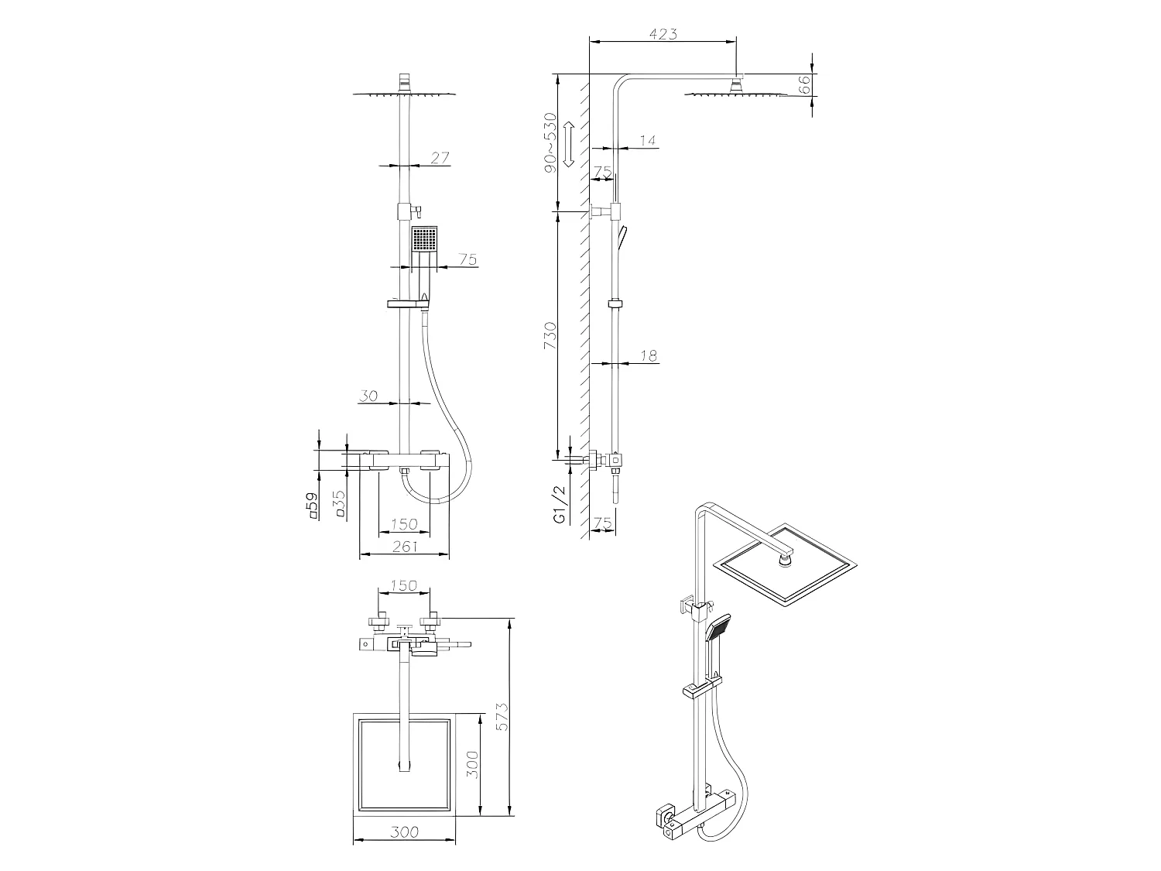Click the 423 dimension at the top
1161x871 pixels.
click(663, 34)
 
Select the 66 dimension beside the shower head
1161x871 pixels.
click(805, 84)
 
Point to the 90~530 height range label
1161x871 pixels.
click(550, 142)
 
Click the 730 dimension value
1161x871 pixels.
click(550, 335)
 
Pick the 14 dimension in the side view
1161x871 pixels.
click(648, 140)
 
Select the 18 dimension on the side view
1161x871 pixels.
click(649, 355)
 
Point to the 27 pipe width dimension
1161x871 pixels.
click(440, 158)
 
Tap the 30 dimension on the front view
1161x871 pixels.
click(368, 396)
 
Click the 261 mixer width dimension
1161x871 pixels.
click(403, 547)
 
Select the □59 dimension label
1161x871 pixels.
click(313, 504)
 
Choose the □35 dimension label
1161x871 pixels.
click(338, 504)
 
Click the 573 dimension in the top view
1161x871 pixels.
click(502, 718)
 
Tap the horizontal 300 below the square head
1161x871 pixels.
click(403, 832)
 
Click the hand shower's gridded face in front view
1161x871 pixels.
click(424, 238)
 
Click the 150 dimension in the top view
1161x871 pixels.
click(403, 585)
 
